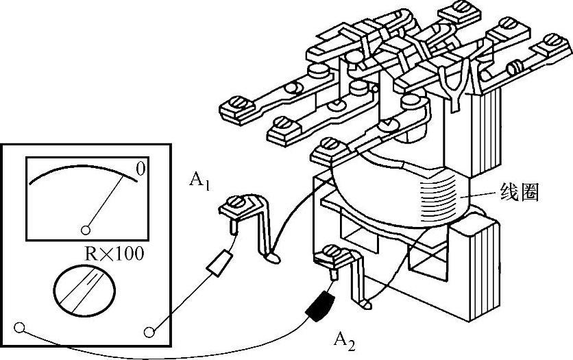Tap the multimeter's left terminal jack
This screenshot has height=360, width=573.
[x=19, y=327]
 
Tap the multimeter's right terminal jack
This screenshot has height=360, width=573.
[x=150, y=332]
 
